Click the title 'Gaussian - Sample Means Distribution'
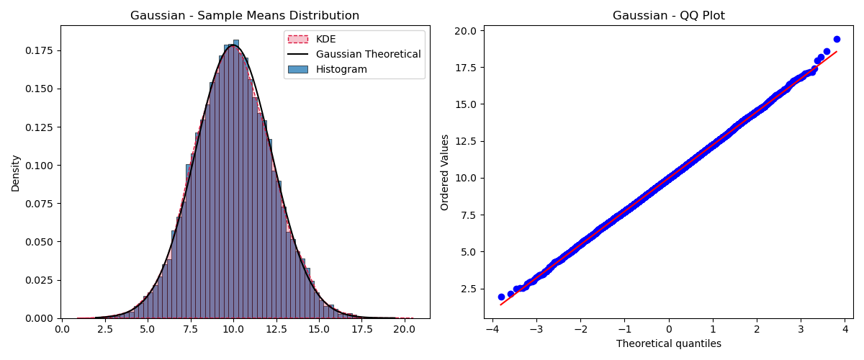tap(245, 16)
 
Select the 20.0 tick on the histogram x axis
tap(404, 330)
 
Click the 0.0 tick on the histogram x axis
tap(63, 330)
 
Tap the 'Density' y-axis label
tap(16, 173)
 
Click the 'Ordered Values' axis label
tap(445, 172)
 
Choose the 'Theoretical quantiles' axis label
tap(668, 343)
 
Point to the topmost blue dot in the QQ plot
tap(837, 39)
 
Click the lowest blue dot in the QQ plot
tap(501, 297)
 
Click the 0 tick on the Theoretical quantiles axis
tap(669, 330)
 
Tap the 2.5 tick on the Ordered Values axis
tap(469, 289)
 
